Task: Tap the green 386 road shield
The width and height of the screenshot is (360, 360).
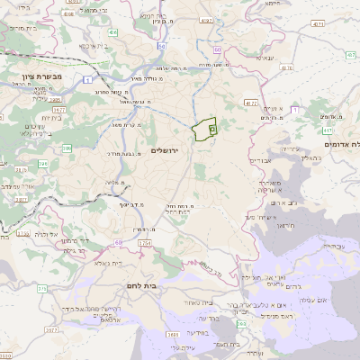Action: tap(43, 163)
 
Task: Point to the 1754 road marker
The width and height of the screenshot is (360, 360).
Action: tap(145, 242)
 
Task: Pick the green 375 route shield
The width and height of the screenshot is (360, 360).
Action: tap(41, 288)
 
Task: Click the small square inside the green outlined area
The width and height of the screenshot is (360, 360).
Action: tap(211, 130)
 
